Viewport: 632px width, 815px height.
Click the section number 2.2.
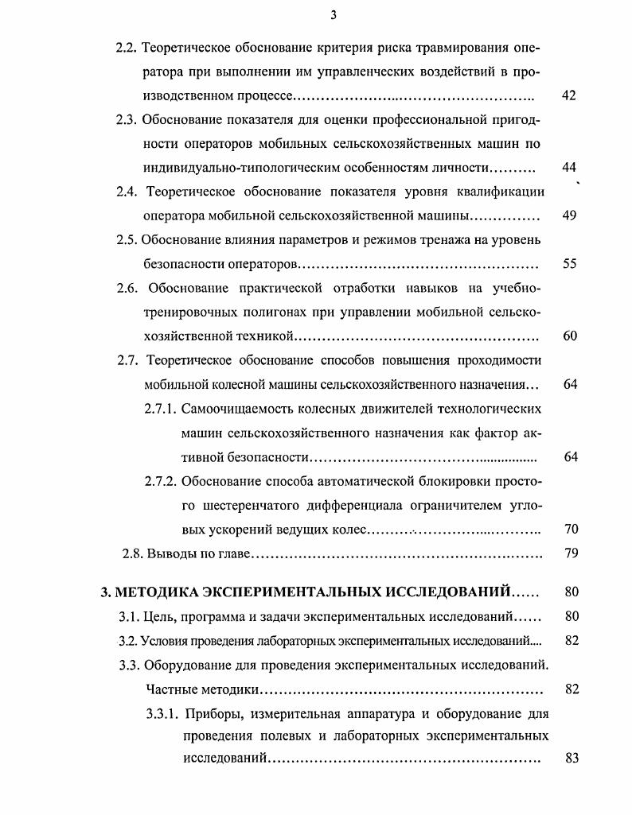tap(127, 47)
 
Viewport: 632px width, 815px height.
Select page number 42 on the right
tap(568, 95)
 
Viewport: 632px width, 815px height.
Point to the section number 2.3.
tap(127, 120)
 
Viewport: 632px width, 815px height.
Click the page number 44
tap(568, 168)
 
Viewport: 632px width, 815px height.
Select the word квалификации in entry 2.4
tap(505, 192)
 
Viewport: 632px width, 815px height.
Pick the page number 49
tap(568, 216)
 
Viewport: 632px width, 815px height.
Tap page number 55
tap(568, 264)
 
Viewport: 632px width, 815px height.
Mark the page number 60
tap(568, 336)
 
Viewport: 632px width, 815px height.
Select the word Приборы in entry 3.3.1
tap(209, 713)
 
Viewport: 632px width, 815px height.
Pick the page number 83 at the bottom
tap(570, 759)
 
